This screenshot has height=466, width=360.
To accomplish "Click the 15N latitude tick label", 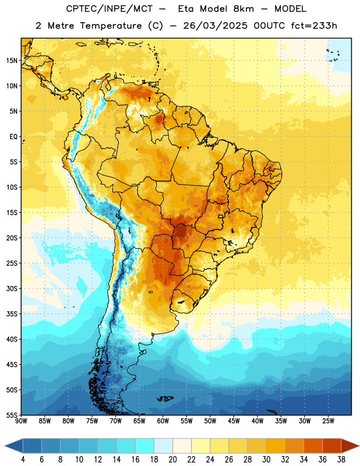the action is (x=12, y=61).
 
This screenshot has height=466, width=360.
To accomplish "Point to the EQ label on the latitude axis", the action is (x=13, y=137).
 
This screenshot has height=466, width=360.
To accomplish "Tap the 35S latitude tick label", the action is (x=12, y=314).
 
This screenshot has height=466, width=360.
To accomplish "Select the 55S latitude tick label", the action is (x=12, y=415).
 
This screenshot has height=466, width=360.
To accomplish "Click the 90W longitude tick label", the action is (x=21, y=421).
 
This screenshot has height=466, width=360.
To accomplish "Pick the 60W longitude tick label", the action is (x=163, y=421).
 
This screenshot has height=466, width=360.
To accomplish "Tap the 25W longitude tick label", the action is (x=328, y=421).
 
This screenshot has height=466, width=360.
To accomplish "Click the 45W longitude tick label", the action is (x=234, y=421).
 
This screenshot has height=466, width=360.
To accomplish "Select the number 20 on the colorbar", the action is (x=172, y=460).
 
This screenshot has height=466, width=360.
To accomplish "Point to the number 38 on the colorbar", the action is (x=341, y=460).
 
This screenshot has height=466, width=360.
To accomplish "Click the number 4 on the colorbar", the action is (x=23, y=460).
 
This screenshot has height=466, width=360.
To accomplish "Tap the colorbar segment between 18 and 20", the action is (x=164, y=446).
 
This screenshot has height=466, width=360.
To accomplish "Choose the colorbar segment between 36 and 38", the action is (x=332, y=446).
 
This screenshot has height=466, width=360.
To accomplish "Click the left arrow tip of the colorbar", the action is (x=5, y=446).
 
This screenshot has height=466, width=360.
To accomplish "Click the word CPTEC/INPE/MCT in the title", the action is (x=109, y=9).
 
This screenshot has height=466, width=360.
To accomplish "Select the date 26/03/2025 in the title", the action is (x=215, y=26).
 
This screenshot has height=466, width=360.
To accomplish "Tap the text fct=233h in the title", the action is (x=314, y=26).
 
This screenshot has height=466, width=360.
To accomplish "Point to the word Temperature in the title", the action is (x=111, y=26).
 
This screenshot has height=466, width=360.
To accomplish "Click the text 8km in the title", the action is (x=243, y=9).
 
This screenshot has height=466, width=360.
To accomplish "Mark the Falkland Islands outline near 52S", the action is (x=165, y=398).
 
